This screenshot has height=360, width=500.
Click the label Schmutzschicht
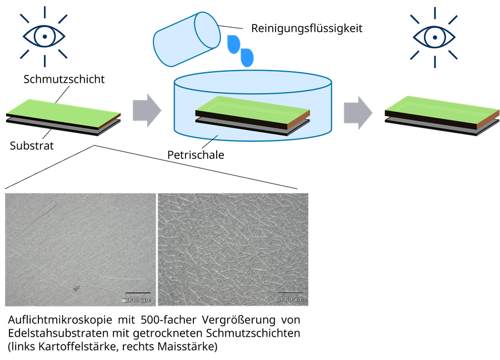64,79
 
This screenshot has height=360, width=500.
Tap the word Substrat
32,146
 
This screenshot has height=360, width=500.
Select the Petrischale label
196,155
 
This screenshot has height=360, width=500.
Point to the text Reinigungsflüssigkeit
307,28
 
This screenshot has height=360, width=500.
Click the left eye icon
44,36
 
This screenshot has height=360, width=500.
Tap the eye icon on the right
434,37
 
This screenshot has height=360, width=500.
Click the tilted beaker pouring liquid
187,39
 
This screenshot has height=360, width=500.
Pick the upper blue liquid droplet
233,44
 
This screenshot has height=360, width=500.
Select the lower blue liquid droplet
247,58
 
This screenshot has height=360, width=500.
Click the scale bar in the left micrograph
138,293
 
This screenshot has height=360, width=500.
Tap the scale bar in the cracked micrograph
290,292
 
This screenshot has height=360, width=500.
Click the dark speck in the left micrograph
76,288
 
